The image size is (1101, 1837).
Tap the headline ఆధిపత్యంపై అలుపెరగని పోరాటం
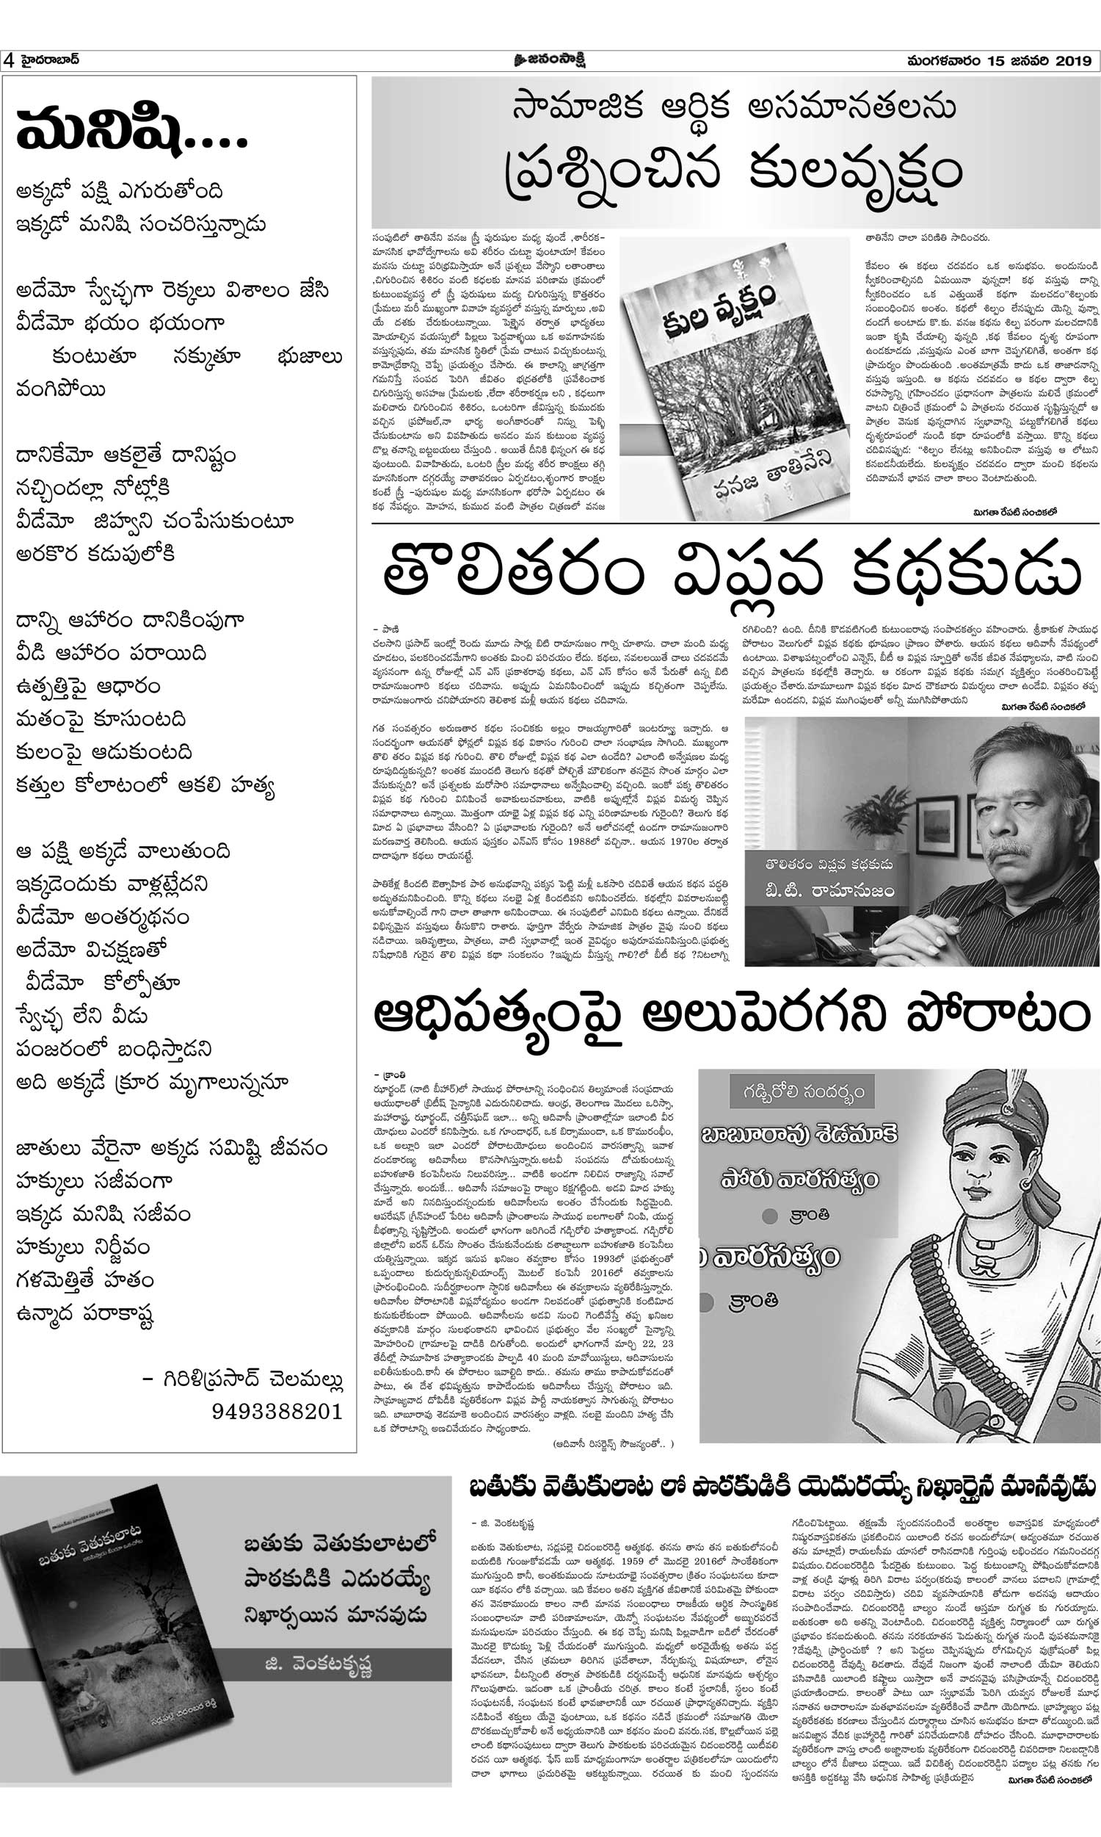click(x=731, y=1016)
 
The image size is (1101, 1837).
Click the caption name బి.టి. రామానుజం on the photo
click(x=830, y=889)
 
